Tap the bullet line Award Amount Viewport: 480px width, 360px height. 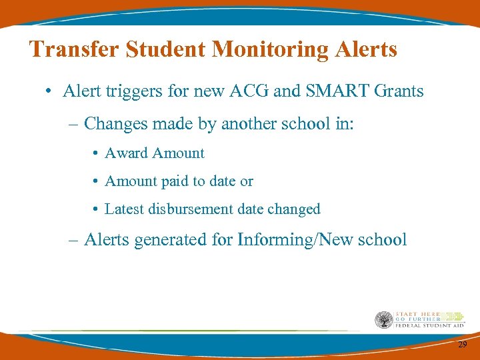click(x=155, y=153)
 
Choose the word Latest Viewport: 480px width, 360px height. click(x=125, y=209)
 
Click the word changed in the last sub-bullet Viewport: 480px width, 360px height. click(x=293, y=209)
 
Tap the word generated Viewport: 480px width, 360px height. click(x=171, y=240)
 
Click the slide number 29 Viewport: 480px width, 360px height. click(x=462, y=345)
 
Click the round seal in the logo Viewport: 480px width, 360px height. click(x=383, y=320)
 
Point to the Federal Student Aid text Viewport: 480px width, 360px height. click(x=429, y=325)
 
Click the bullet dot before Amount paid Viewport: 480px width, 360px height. click(x=96, y=182)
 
